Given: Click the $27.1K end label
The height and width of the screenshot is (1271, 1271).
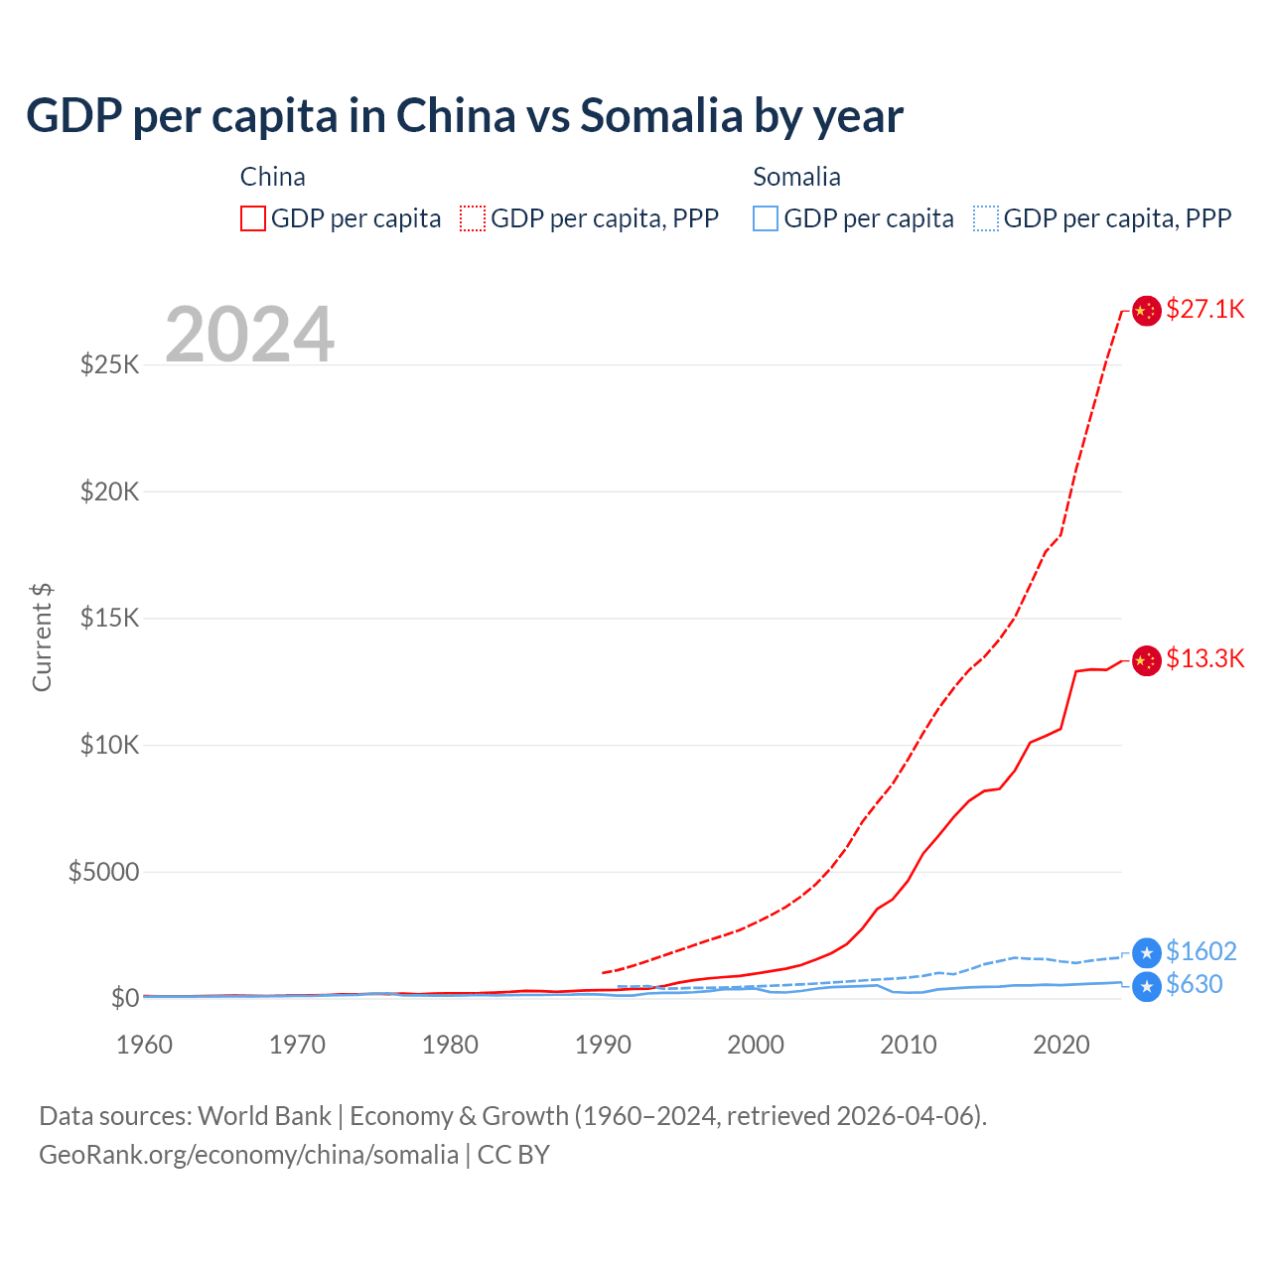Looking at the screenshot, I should pyautogui.click(x=1204, y=309).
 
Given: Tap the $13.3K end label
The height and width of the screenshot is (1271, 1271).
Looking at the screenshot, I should pyautogui.click(x=1204, y=658).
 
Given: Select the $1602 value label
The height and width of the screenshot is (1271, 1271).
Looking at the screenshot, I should pyautogui.click(x=1200, y=951).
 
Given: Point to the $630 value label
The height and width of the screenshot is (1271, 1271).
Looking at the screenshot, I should pyautogui.click(x=1194, y=984).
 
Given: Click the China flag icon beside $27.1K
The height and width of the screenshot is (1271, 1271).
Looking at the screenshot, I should pyautogui.click(x=1147, y=311).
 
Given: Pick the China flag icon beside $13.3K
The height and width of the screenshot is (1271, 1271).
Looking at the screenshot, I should pyautogui.click(x=1147, y=660).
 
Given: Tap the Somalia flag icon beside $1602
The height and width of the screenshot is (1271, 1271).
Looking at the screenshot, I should pyautogui.click(x=1147, y=953).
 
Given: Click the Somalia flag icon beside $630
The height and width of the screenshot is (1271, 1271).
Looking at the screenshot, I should pyautogui.click(x=1147, y=987).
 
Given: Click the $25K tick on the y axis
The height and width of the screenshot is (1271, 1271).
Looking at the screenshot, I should pyautogui.click(x=109, y=364).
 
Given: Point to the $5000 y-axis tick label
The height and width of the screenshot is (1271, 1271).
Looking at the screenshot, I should pyautogui.click(x=103, y=872).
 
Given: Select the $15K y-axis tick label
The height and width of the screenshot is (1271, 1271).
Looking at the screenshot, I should pyautogui.click(x=109, y=618).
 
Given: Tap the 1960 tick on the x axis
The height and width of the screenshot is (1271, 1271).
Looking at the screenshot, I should pyautogui.click(x=145, y=1045).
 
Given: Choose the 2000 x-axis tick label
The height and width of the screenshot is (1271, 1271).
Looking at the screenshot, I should pyautogui.click(x=756, y=1045).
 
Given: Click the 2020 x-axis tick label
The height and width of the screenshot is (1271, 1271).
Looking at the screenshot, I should pyautogui.click(x=1061, y=1045).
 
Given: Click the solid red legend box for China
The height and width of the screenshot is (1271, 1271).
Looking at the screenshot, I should pyautogui.click(x=253, y=218).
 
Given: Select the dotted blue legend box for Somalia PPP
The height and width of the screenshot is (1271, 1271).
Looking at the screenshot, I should pyautogui.click(x=986, y=218).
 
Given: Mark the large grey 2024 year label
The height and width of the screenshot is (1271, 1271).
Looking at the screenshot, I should pyautogui.click(x=249, y=335).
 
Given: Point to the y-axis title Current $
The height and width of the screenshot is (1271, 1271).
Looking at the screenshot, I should pyautogui.click(x=42, y=637).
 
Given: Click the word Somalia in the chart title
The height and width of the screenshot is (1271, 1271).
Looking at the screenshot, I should pyautogui.click(x=660, y=116).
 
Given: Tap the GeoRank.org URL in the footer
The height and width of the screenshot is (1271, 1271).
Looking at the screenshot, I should pyautogui.click(x=248, y=1155).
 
